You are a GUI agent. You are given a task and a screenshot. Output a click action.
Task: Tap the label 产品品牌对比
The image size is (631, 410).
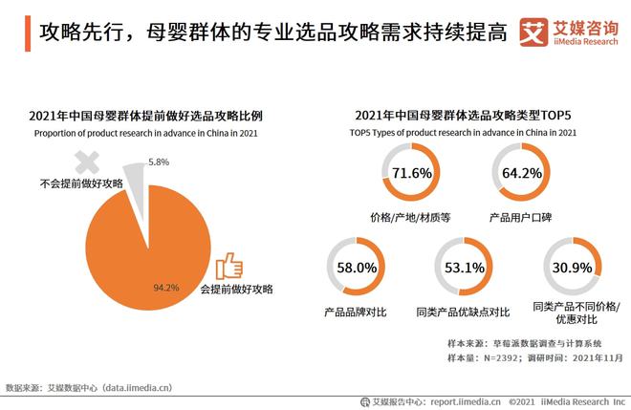tap(355, 312)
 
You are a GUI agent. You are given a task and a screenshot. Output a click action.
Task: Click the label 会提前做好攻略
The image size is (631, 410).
tap(236, 289)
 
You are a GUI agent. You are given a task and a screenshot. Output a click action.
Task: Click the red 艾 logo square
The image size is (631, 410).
tap(534, 32)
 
